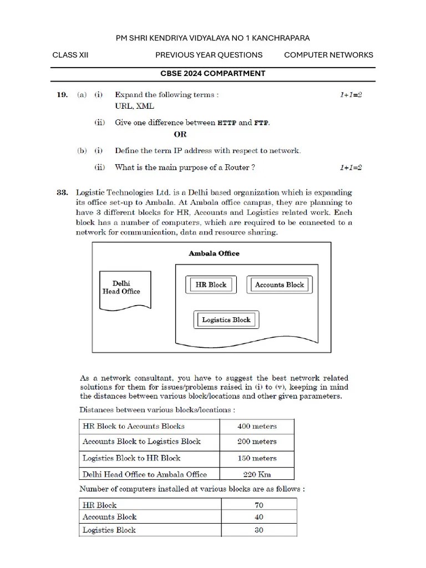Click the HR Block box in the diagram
click(210, 285)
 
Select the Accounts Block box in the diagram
click(279, 285)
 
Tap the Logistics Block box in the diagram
click(226, 320)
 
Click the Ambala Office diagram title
click(214, 253)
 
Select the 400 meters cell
click(257, 427)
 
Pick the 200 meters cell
click(257, 442)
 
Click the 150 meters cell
click(257, 458)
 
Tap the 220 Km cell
click(257, 474)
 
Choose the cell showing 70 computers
click(258, 505)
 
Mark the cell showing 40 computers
click(258, 517)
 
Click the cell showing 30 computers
click(258, 530)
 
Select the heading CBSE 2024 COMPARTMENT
click(213, 73)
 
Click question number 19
click(63, 95)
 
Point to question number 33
click(63, 193)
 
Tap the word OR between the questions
click(180, 134)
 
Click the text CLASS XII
click(70, 55)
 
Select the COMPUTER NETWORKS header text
click(328, 55)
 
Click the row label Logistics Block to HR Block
click(131, 458)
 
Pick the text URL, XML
click(135, 106)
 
